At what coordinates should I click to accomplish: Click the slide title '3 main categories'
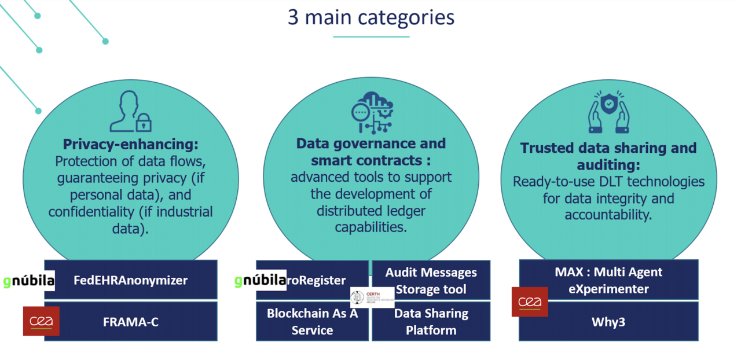pos(370,17)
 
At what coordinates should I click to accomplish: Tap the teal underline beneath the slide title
pos(370,37)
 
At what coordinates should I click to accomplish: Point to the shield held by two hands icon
pos(608,111)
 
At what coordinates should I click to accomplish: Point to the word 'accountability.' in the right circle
pos(608,215)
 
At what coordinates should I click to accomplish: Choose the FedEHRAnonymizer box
pos(131,280)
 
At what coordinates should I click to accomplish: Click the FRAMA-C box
pos(131,322)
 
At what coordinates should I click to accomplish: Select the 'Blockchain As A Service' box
pos(312,322)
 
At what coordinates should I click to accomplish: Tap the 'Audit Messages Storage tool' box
pos(431,280)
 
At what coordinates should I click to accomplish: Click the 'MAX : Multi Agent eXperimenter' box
pos(608,280)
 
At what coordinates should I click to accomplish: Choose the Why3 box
pos(608,322)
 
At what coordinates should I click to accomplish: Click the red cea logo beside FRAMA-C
pos(41,321)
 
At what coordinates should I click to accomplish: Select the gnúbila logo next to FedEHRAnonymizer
pos(28,281)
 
